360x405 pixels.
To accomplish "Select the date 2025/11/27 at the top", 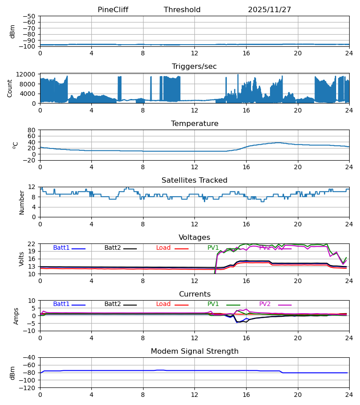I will (x=270, y=10).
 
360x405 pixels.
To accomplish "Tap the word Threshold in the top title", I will (x=182, y=10).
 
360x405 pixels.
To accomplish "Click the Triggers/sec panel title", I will (x=194, y=67).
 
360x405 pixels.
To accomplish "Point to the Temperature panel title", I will (x=194, y=124).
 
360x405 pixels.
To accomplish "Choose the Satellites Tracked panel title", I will (x=194, y=180).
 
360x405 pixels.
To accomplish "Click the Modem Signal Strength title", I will (x=194, y=351).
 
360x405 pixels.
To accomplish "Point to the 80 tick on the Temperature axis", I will (x=31, y=130).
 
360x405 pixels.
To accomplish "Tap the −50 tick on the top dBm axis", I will (x=29, y=16).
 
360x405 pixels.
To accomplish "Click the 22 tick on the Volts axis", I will (x=31, y=244).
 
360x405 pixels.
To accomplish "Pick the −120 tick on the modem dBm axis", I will (x=27, y=388).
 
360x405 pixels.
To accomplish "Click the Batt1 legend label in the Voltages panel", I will (x=61, y=248).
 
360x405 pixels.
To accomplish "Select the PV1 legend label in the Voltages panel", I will (x=213, y=248).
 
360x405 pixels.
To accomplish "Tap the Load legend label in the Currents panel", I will (x=163, y=304).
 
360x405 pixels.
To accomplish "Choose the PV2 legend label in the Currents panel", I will (x=265, y=304).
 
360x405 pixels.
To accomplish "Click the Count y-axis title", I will (x=10, y=88).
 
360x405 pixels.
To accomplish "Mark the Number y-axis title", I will (x=22, y=202).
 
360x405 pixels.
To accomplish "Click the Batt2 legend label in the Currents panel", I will (x=112, y=304).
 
